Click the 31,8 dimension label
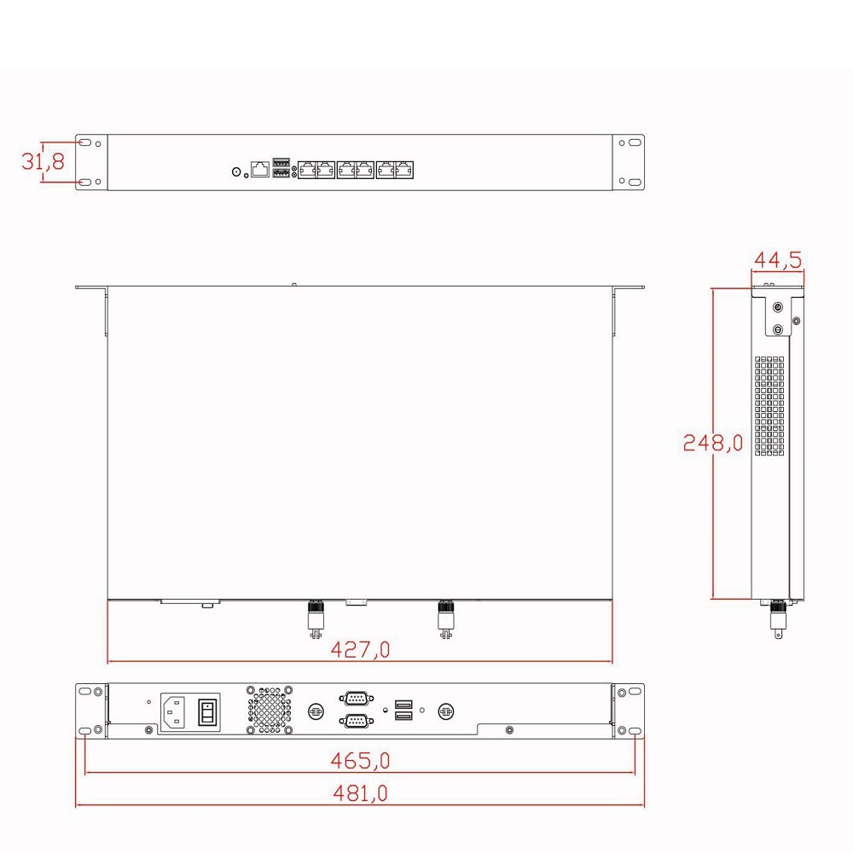tap(43, 161)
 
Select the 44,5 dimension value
tap(777, 260)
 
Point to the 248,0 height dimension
tap(712, 442)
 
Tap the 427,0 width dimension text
tap(360, 649)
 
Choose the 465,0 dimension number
tap(360, 760)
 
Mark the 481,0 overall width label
tap(360, 793)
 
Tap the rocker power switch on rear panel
tap(207, 711)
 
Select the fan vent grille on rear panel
tap(270, 710)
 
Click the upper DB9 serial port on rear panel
tap(357, 698)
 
